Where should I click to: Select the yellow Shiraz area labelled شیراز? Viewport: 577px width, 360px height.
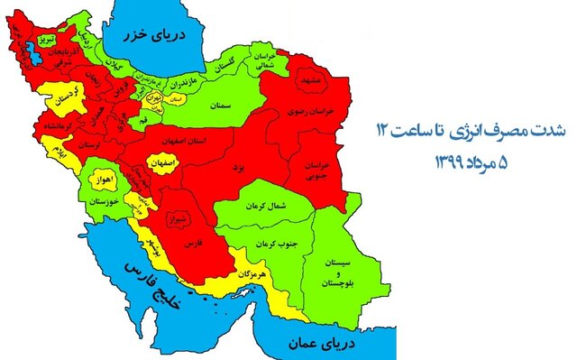[x=177, y=218]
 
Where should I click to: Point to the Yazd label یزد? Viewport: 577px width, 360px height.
[x=236, y=169]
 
